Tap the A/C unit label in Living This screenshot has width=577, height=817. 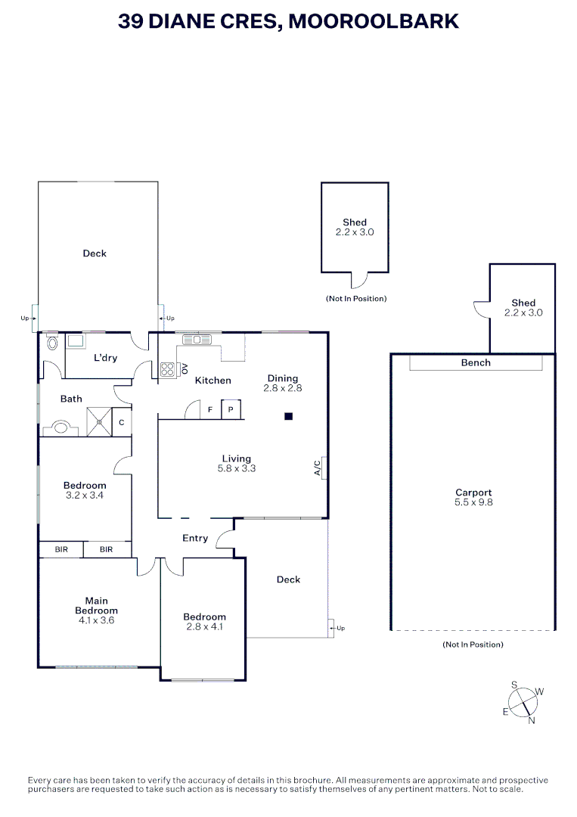(x=318, y=468)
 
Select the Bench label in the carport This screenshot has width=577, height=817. (x=476, y=363)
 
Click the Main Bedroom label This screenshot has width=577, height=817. (x=96, y=606)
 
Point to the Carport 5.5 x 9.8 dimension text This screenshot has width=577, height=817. (x=473, y=502)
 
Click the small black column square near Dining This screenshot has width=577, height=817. (x=288, y=415)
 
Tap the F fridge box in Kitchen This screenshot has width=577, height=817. (x=210, y=409)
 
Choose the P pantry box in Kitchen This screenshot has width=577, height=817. (x=231, y=409)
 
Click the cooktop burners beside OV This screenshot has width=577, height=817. (x=167, y=369)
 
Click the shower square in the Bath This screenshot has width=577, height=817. (x=98, y=422)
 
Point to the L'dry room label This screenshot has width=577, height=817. (x=105, y=358)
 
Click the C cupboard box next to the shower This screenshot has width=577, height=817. (x=122, y=422)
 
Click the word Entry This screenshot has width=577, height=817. (x=195, y=539)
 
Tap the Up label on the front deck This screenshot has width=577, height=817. (x=340, y=628)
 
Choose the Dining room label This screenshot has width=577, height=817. (x=282, y=378)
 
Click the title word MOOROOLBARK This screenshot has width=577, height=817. (x=374, y=21)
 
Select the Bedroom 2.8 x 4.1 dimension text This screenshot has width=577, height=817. (x=205, y=626)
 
